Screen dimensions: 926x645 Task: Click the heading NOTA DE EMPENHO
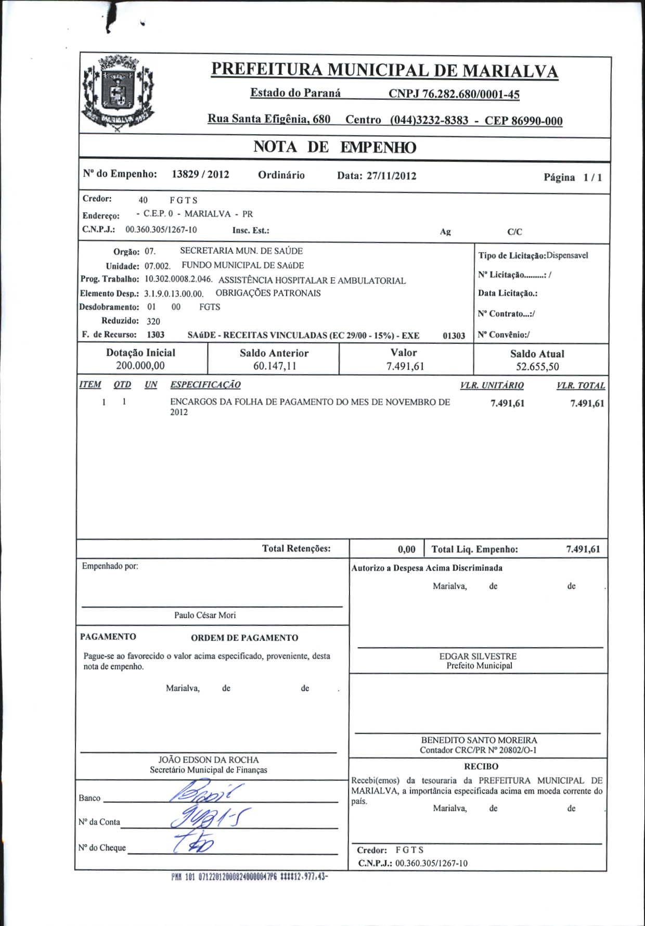(334, 147)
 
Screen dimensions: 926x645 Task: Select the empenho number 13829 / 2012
(200, 174)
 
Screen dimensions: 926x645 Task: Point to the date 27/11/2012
(391, 176)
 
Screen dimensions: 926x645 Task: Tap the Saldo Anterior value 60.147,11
(275, 366)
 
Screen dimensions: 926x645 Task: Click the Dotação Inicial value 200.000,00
(140, 366)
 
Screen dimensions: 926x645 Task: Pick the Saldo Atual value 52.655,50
(537, 367)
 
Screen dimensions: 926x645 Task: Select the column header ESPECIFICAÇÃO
(205, 385)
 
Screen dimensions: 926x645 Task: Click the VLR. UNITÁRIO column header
(492, 385)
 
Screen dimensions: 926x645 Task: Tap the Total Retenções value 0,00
(406, 549)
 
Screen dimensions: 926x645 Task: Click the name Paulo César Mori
(205, 615)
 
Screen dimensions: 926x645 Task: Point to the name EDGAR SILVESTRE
(478, 657)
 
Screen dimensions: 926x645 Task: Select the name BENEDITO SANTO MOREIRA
(479, 740)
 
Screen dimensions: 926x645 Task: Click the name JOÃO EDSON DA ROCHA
(208, 760)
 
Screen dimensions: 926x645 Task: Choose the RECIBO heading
(481, 766)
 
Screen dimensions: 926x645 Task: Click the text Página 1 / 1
(573, 177)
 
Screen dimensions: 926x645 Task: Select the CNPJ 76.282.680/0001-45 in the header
(454, 94)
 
